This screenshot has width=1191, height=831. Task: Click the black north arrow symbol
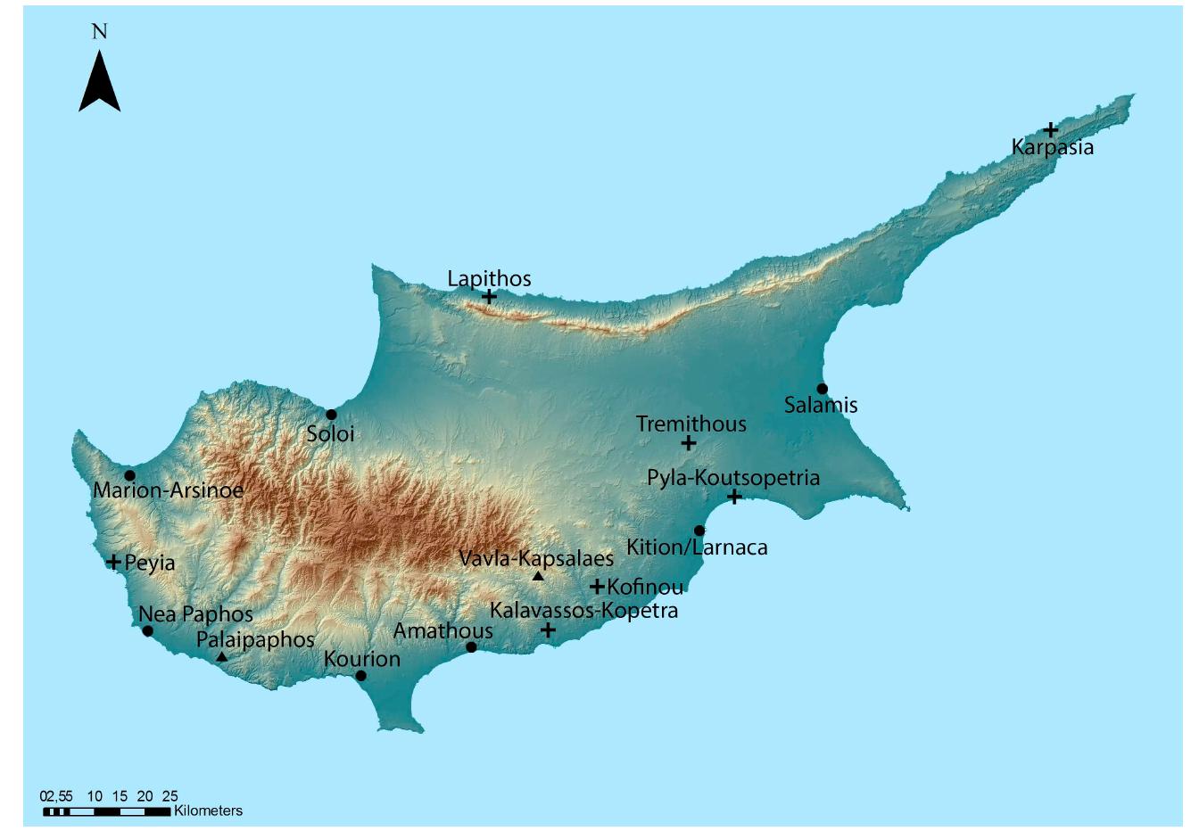99,82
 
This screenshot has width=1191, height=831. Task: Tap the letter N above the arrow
99,31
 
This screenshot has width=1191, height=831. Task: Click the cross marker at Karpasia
1051,130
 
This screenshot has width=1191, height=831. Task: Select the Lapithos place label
489,279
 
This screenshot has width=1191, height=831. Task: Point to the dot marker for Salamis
822,389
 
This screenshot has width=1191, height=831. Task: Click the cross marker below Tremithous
689,443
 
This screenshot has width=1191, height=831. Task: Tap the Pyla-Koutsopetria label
733,477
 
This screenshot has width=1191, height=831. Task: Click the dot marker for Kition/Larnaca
699,531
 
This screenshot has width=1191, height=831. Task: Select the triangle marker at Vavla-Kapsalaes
538,577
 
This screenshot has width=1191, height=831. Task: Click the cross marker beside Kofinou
597,587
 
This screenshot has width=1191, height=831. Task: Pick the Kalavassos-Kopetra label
584,611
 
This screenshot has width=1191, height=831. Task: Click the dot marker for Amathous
471,647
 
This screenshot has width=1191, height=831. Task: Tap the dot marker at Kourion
360,676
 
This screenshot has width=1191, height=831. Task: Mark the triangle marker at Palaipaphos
222,657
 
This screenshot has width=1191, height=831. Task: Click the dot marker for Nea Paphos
148,631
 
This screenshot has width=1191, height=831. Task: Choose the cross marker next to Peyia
113,562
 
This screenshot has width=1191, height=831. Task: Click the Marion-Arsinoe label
168,490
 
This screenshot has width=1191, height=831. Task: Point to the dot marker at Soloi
331,415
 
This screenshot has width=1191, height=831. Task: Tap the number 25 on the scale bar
170,796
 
